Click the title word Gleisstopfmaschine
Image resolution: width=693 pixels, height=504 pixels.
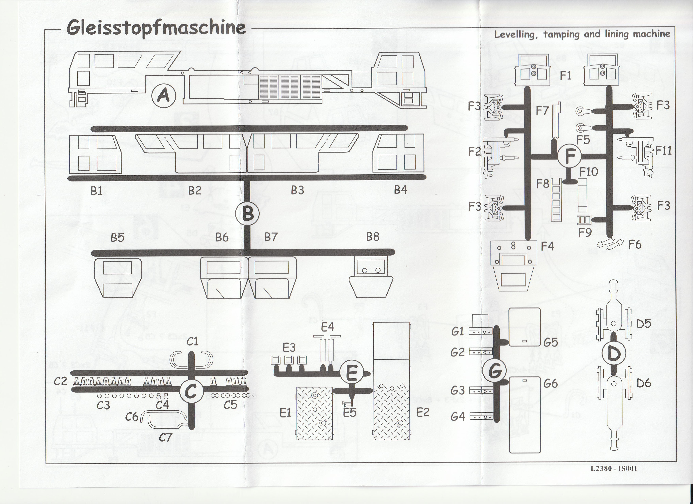pyautogui.click(x=156, y=28)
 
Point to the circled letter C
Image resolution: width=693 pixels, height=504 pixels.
pyautogui.click(x=191, y=391)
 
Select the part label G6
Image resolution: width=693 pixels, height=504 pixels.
pyautogui.click(x=550, y=383)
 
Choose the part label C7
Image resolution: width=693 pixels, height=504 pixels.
pyautogui.click(x=165, y=437)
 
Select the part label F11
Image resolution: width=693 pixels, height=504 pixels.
pyautogui.click(x=663, y=150)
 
